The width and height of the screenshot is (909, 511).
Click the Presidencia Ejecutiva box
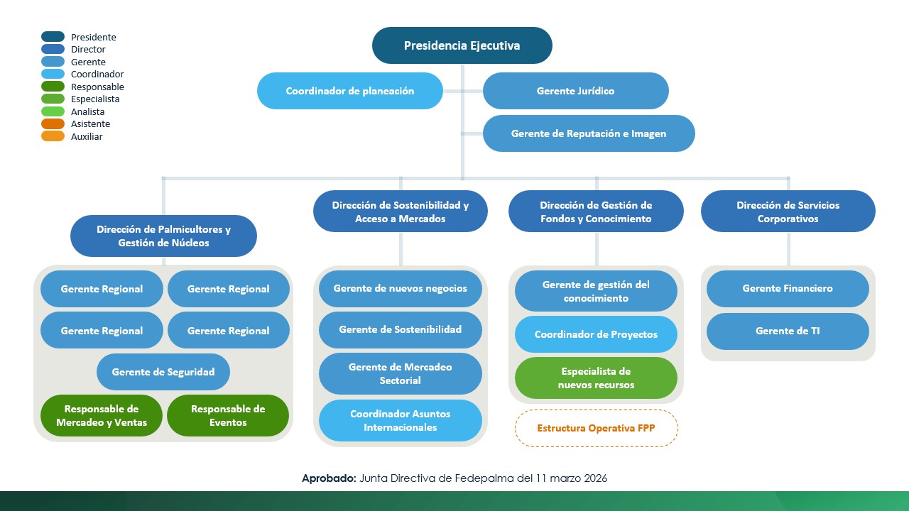(x=462, y=45)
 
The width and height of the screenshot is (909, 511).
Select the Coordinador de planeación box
(x=350, y=91)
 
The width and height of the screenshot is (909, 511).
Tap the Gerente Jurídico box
(x=575, y=91)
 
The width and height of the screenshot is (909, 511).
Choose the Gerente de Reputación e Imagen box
(x=588, y=133)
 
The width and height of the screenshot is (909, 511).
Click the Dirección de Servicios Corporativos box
(x=788, y=211)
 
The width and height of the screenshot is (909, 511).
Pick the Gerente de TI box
(x=788, y=331)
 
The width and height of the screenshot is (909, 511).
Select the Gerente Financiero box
(x=788, y=289)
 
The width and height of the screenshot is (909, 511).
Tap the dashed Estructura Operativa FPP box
(x=596, y=428)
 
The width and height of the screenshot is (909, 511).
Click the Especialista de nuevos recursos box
(x=596, y=378)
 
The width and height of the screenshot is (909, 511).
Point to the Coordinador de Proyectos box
(x=596, y=334)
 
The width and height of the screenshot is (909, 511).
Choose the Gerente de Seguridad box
(x=163, y=372)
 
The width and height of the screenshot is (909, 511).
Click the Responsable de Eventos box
(x=228, y=415)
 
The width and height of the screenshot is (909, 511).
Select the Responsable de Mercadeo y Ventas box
(x=102, y=415)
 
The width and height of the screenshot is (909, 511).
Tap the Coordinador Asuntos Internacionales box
(x=400, y=420)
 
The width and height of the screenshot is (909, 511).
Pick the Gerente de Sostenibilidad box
(x=400, y=329)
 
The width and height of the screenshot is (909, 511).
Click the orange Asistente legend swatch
(x=53, y=123)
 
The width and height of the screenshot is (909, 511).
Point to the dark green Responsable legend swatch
(x=53, y=87)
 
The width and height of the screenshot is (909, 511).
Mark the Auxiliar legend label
(x=87, y=136)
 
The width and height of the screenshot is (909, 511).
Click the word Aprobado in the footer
(x=329, y=478)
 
